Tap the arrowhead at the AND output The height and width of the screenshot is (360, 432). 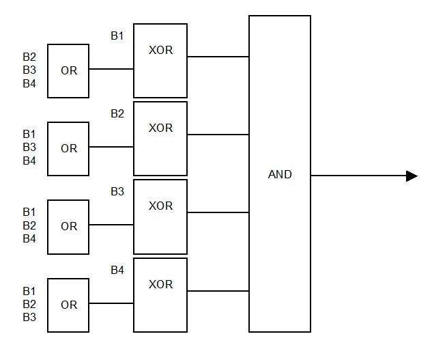pyautogui.click(x=412, y=176)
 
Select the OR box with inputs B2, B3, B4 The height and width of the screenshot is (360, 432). pyautogui.click(x=68, y=71)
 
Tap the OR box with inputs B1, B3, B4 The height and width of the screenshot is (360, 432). pyautogui.click(x=68, y=149)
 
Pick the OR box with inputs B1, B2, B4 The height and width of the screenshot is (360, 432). pyautogui.click(x=68, y=227)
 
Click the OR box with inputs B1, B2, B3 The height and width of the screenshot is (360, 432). pyautogui.click(x=68, y=305)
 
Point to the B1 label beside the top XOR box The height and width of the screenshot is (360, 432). pyautogui.click(x=117, y=36)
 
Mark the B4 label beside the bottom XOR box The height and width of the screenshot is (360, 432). pyautogui.click(x=117, y=271)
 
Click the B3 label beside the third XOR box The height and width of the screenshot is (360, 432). pyautogui.click(x=117, y=192)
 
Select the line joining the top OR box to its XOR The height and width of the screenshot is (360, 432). pyautogui.click(x=111, y=69)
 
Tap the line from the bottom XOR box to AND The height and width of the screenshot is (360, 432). pyautogui.click(x=218, y=291)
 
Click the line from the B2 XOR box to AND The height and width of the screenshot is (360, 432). pyautogui.click(x=218, y=135)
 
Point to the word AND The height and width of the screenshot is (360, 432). pyautogui.click(x=280, y=175)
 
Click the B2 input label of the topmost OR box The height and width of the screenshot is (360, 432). pyautogui.click(x=29, y=57)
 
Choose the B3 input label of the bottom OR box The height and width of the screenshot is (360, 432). pyautogui.click(x=29, y=317)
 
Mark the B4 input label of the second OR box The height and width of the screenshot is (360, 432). pyautogui.click(x=29, y=161)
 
